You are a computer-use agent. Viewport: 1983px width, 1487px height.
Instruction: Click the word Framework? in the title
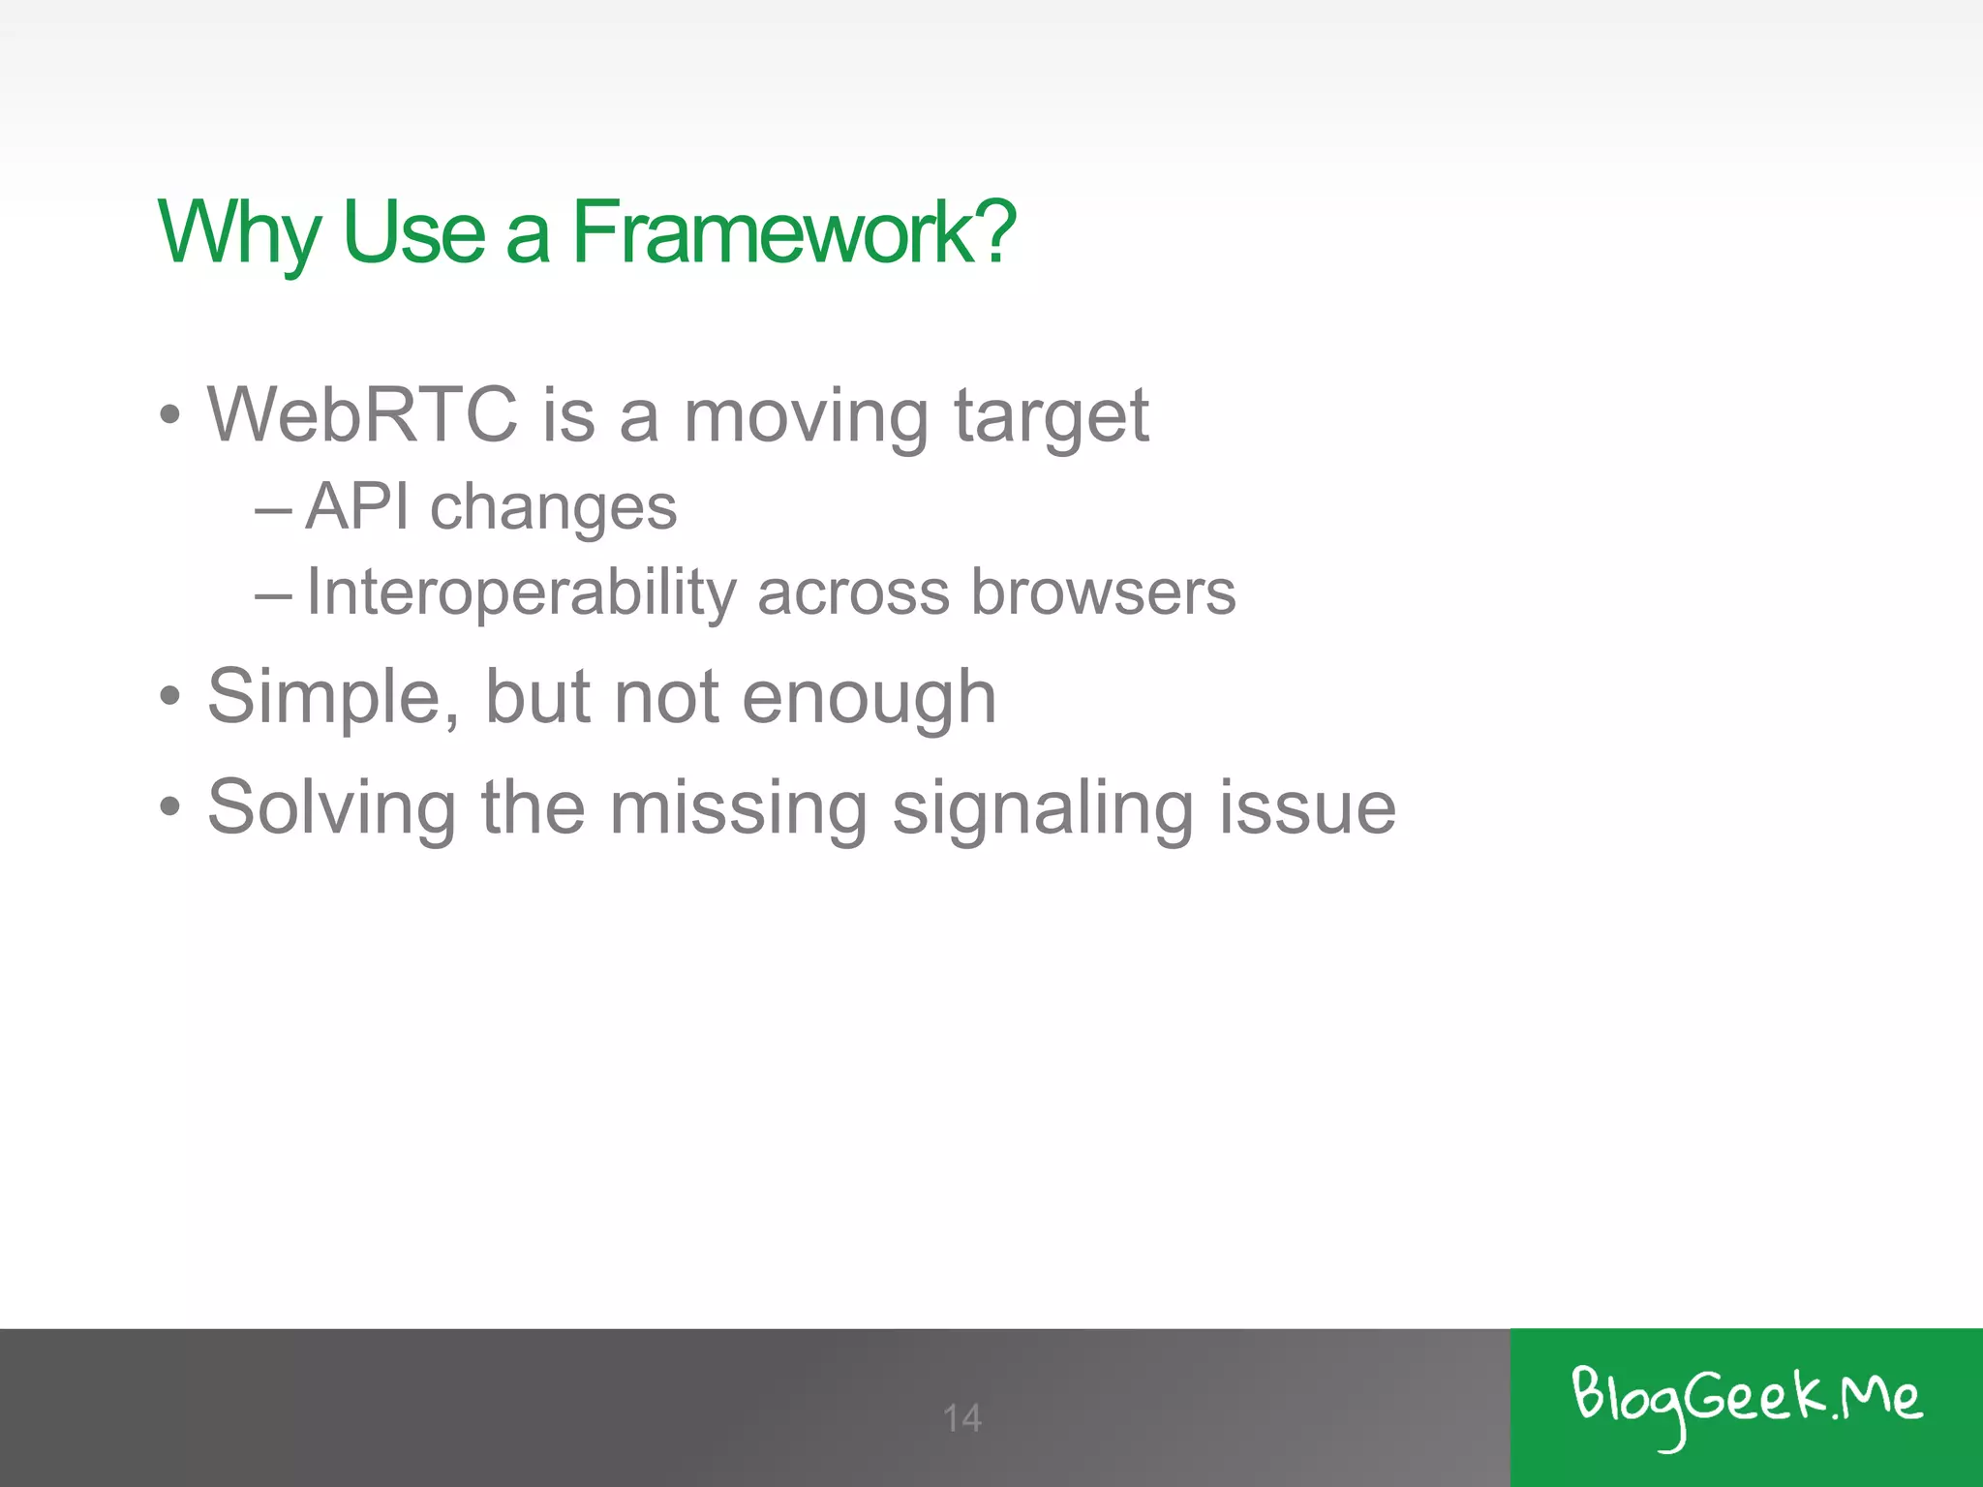click(x=793, y=232)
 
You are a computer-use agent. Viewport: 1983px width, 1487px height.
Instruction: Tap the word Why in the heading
click(x=238, y=232)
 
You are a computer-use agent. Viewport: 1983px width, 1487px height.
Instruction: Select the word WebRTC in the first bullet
click(x=362, y=414)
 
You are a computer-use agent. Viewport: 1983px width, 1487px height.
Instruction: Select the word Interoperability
click(x=521, y=593)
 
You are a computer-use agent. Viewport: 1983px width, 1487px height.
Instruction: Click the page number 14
click(x=961, y=1418)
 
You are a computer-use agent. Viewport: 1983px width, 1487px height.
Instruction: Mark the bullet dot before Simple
click(x=170, y=696)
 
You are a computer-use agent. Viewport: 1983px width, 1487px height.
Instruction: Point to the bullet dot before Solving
click(x=170, y=806)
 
